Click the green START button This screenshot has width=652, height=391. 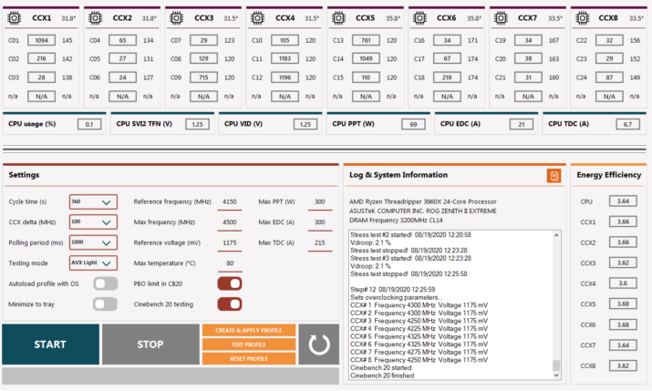49,345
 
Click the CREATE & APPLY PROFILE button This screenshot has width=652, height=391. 248,330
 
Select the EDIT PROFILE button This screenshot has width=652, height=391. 248,345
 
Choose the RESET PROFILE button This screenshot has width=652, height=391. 248,359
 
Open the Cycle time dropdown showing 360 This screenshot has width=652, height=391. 92,201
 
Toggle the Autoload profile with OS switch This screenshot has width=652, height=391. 106,283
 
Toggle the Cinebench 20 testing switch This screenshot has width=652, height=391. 229,304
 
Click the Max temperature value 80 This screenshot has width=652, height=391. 229,263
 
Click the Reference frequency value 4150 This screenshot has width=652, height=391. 229,201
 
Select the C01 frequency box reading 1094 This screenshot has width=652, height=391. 41,41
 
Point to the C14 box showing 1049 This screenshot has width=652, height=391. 366,58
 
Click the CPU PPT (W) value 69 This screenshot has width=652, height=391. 413,124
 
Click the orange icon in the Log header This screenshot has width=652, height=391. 553,175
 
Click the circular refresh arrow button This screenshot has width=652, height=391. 319,345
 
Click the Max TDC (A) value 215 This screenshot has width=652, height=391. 319,242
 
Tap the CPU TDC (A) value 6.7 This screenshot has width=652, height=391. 627,124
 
